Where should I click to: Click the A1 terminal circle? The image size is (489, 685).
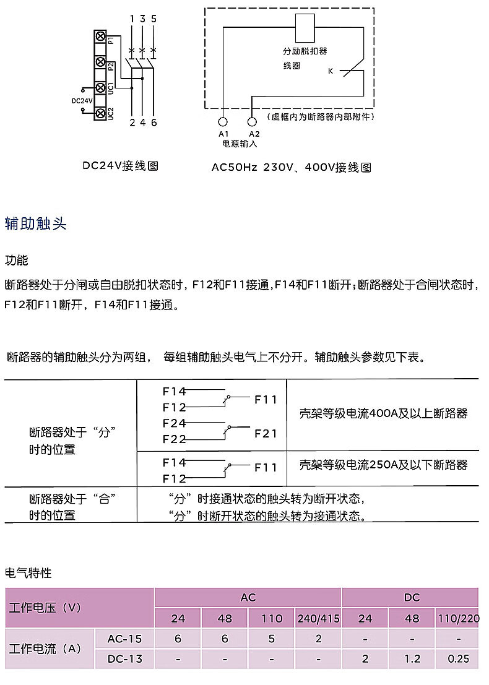223,122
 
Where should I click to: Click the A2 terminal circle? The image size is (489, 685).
252,122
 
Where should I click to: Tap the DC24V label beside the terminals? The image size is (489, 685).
82,101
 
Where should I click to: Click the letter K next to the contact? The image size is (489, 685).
331,72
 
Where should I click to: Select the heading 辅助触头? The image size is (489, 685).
35,224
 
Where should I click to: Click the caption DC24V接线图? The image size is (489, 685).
121,166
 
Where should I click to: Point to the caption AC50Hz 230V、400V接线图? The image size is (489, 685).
292,167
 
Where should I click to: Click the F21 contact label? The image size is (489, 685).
266,434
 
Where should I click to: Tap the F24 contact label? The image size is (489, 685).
174,424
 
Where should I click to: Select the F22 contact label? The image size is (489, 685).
174,440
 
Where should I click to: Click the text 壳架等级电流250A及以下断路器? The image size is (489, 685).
383,465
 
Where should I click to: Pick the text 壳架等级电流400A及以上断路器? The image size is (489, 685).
383,414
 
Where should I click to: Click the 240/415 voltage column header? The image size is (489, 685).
318,618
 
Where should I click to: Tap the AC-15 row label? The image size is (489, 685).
124,639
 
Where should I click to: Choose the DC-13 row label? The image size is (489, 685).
124,659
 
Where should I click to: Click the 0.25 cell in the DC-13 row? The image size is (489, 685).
458,659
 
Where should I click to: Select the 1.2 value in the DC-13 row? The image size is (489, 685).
412,659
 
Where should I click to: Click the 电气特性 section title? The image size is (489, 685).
28,573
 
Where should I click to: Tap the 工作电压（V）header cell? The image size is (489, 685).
45,608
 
